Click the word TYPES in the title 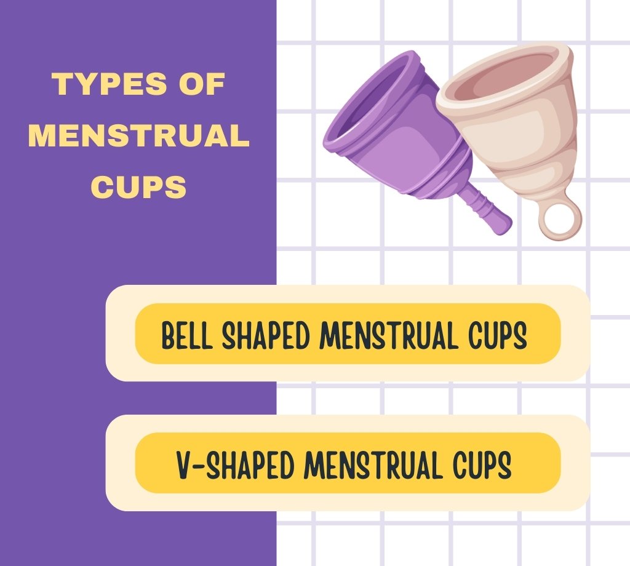108,84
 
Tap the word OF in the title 202,84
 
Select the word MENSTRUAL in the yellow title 138,135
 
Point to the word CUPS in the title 138,187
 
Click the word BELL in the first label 187,335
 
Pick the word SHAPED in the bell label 266,335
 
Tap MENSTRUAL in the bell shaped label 389,335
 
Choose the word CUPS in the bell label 498,335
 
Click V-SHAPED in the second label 236,464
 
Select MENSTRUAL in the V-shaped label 373,464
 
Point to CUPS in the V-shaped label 482,464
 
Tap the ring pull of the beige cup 560,220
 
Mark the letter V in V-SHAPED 185,464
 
